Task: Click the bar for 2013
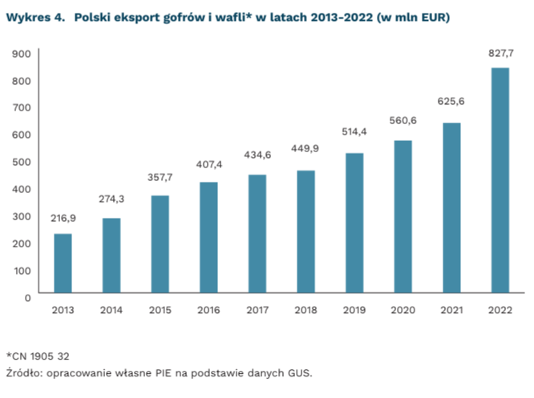[x=63, y=263]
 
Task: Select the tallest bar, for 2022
[x=500, y=180]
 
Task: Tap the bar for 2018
[x=305, y=231]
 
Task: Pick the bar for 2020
[x=403, y=217]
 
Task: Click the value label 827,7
[x=501, y=54]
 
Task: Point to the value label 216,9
[x=63, y=219]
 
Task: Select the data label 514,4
[x=354, y=131]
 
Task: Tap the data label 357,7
[x=160, y=178]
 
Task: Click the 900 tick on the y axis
[x=22, y=54]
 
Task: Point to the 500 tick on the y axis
[x=22, y=162]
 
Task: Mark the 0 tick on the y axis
[x=27, y=298]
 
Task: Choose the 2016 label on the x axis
[x=208, y=310]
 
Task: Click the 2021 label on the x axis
[x=451, y=310]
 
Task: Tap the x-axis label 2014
[x=111, y=310]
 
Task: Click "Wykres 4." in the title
[x=35, y=17]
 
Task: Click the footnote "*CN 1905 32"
[x=38, y=356]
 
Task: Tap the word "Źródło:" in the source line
[x=25, y=372]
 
